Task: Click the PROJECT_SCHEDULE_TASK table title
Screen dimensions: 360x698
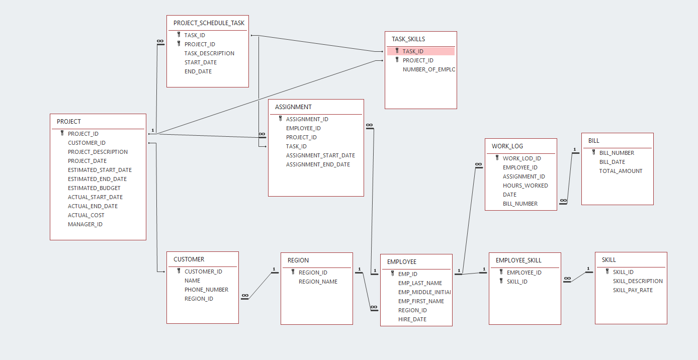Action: click(x=209, y=23)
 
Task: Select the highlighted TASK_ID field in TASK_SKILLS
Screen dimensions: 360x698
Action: click(x=413, y=51)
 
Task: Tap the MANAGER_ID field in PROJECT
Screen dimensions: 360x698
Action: click(x=85, y=224)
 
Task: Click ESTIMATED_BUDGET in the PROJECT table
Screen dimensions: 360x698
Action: click(x=94, y=188)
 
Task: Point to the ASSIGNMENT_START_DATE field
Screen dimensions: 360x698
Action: click(x=320, y=155)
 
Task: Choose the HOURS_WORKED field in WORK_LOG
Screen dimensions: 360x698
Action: click(x=525, y=186)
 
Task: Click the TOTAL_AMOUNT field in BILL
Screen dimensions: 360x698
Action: click(x=621, y=171)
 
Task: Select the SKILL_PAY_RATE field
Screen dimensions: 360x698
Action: click(x=633, y=290)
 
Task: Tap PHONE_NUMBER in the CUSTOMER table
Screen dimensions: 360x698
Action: click(x=206, y=290)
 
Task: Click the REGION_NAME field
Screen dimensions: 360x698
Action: click(x=318, y=282)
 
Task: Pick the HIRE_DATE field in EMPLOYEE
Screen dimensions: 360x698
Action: click(x=412, y=319)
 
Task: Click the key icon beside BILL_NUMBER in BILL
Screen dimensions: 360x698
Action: click(x=593, y=152)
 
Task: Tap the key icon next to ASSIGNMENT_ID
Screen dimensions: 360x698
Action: click(x=280, y=119)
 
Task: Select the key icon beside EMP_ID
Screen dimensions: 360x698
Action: click(x=392, y=274)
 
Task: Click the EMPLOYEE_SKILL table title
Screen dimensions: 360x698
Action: click(x=518, y=260)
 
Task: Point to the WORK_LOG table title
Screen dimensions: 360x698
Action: click(x=507, y=146)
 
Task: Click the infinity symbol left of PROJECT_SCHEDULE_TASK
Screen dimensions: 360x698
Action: click(x=160, y=41)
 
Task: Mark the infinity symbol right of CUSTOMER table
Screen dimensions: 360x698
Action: click(x=244, y=296)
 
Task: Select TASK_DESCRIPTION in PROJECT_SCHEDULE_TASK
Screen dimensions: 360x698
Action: click(x=209, y=53)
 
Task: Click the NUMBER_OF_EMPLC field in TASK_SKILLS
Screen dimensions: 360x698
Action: click(x=428, y=69)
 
